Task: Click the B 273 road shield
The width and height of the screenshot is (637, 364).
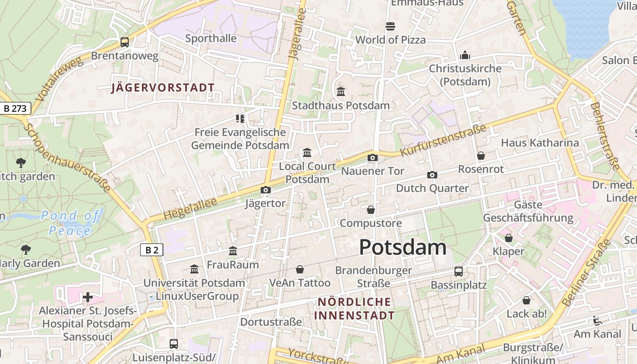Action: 15,108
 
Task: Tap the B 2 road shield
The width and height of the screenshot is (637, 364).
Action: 152,249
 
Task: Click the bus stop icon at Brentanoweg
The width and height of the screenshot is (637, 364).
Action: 125,42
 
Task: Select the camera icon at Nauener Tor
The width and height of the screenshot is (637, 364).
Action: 373,157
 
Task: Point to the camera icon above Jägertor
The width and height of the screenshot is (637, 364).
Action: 266,190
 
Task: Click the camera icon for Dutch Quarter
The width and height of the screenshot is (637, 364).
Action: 432,175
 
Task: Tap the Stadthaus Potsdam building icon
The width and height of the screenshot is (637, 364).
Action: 341,91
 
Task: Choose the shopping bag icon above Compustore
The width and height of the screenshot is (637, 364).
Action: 371,210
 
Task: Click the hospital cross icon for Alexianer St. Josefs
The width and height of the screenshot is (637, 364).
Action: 88,297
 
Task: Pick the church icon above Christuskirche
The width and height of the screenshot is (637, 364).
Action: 465,55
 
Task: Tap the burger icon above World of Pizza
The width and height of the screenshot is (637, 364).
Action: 390,26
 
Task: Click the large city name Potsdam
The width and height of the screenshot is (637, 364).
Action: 403,247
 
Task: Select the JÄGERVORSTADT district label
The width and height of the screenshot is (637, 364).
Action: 163,88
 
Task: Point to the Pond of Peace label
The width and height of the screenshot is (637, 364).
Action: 71,223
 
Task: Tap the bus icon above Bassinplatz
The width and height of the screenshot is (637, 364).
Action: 459,272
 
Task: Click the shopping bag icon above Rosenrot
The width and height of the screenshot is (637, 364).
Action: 481,156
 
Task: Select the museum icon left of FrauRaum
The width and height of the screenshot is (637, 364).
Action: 233,251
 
